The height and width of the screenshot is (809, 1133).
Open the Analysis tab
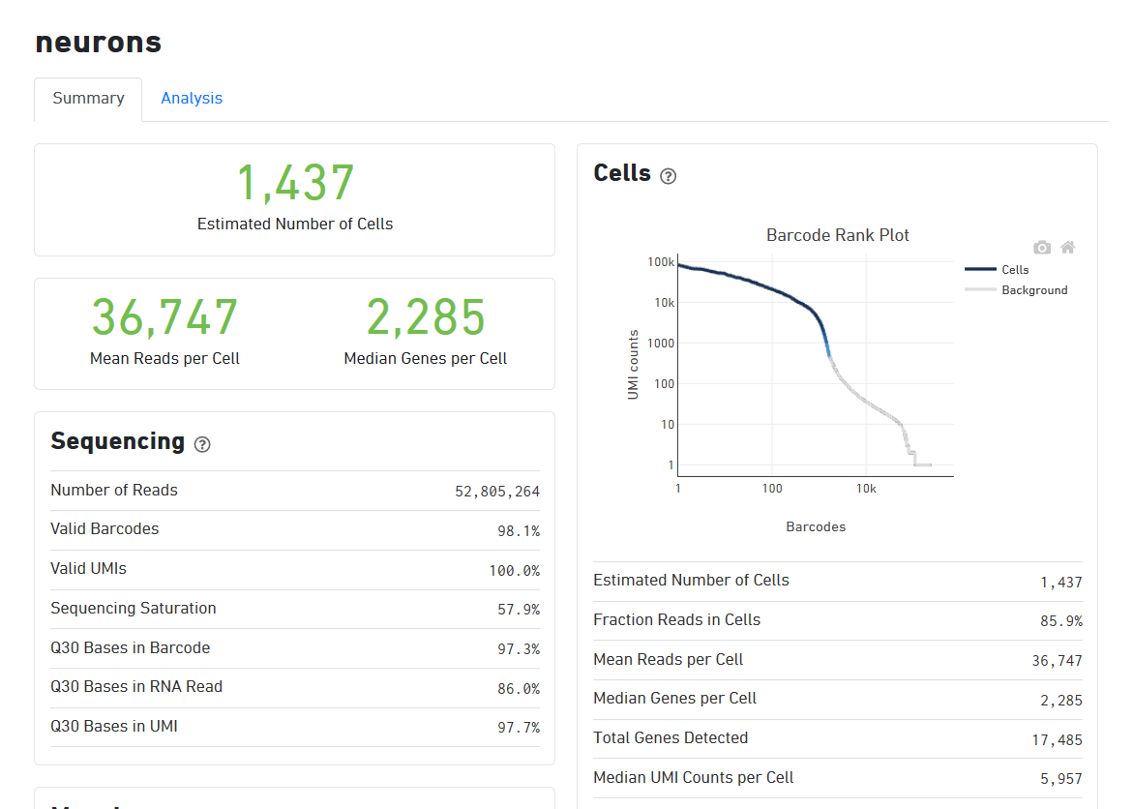click(192, 99)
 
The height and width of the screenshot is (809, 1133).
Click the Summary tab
click(88, 99)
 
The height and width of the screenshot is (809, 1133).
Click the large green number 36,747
click(164, 317)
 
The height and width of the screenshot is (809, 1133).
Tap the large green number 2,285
click(426, 317)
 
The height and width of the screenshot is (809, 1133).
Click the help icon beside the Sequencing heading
click(202, 444)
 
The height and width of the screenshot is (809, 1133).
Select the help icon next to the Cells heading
click(668, 176)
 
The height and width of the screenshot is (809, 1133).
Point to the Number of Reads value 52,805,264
click(497, 492)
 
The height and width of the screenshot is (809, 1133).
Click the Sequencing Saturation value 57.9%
click(519, 610)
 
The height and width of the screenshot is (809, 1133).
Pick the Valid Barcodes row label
click(104, 529)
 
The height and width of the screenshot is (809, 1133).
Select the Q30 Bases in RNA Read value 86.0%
click(519, 688)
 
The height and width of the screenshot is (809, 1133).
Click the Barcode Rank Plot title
click(838, 235)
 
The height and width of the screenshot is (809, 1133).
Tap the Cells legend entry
click(1015, 270)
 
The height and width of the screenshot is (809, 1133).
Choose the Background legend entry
click(1034, 290)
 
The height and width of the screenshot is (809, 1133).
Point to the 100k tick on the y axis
click(662, 262)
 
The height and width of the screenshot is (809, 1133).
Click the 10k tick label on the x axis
click(866, 489)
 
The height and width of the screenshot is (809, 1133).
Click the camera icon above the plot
click(1042, 248)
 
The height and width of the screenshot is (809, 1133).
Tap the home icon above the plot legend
click(1068, 248)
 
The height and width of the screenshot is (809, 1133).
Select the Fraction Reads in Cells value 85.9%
click(1061, 621)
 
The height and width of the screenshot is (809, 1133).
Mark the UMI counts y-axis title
click(634, 365)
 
